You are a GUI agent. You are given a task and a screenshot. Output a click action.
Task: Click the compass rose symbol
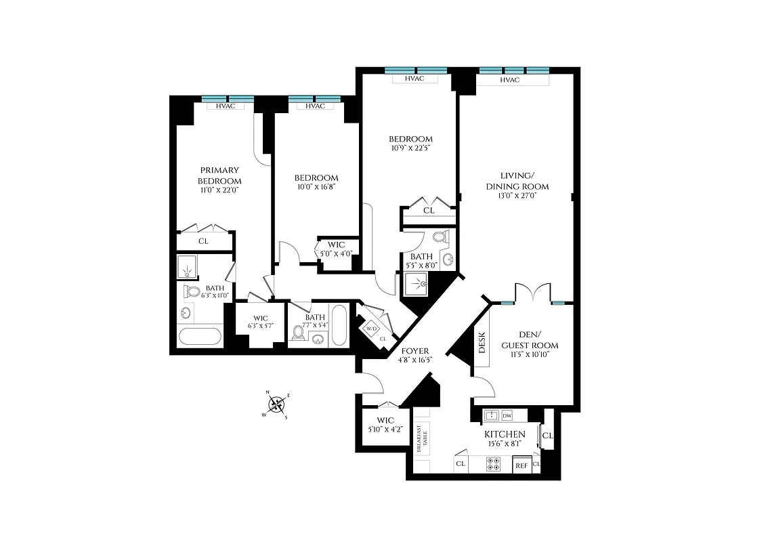(276, 404)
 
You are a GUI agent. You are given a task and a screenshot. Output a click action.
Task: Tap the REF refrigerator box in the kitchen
(522, 465)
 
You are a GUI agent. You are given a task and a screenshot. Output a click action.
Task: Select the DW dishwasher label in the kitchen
(507, 415)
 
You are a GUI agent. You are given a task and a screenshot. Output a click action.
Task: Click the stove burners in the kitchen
(493, 464)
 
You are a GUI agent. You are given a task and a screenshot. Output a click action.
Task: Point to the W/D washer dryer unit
(372, 329)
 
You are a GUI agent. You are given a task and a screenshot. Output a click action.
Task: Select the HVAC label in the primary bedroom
(226, 106)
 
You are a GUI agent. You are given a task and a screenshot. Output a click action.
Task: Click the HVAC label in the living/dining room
(509, 80)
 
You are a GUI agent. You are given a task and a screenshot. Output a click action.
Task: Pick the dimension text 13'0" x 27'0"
(517, 198)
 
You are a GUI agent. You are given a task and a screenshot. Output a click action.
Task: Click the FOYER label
(414, 350)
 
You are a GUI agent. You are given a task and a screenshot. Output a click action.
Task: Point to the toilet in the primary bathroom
(192, 292)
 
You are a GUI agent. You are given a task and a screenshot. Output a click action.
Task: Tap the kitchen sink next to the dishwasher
(491, 415)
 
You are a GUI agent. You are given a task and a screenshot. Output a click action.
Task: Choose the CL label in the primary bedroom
(203, 241)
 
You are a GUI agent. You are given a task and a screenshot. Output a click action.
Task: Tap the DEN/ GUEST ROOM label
(530, 340)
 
